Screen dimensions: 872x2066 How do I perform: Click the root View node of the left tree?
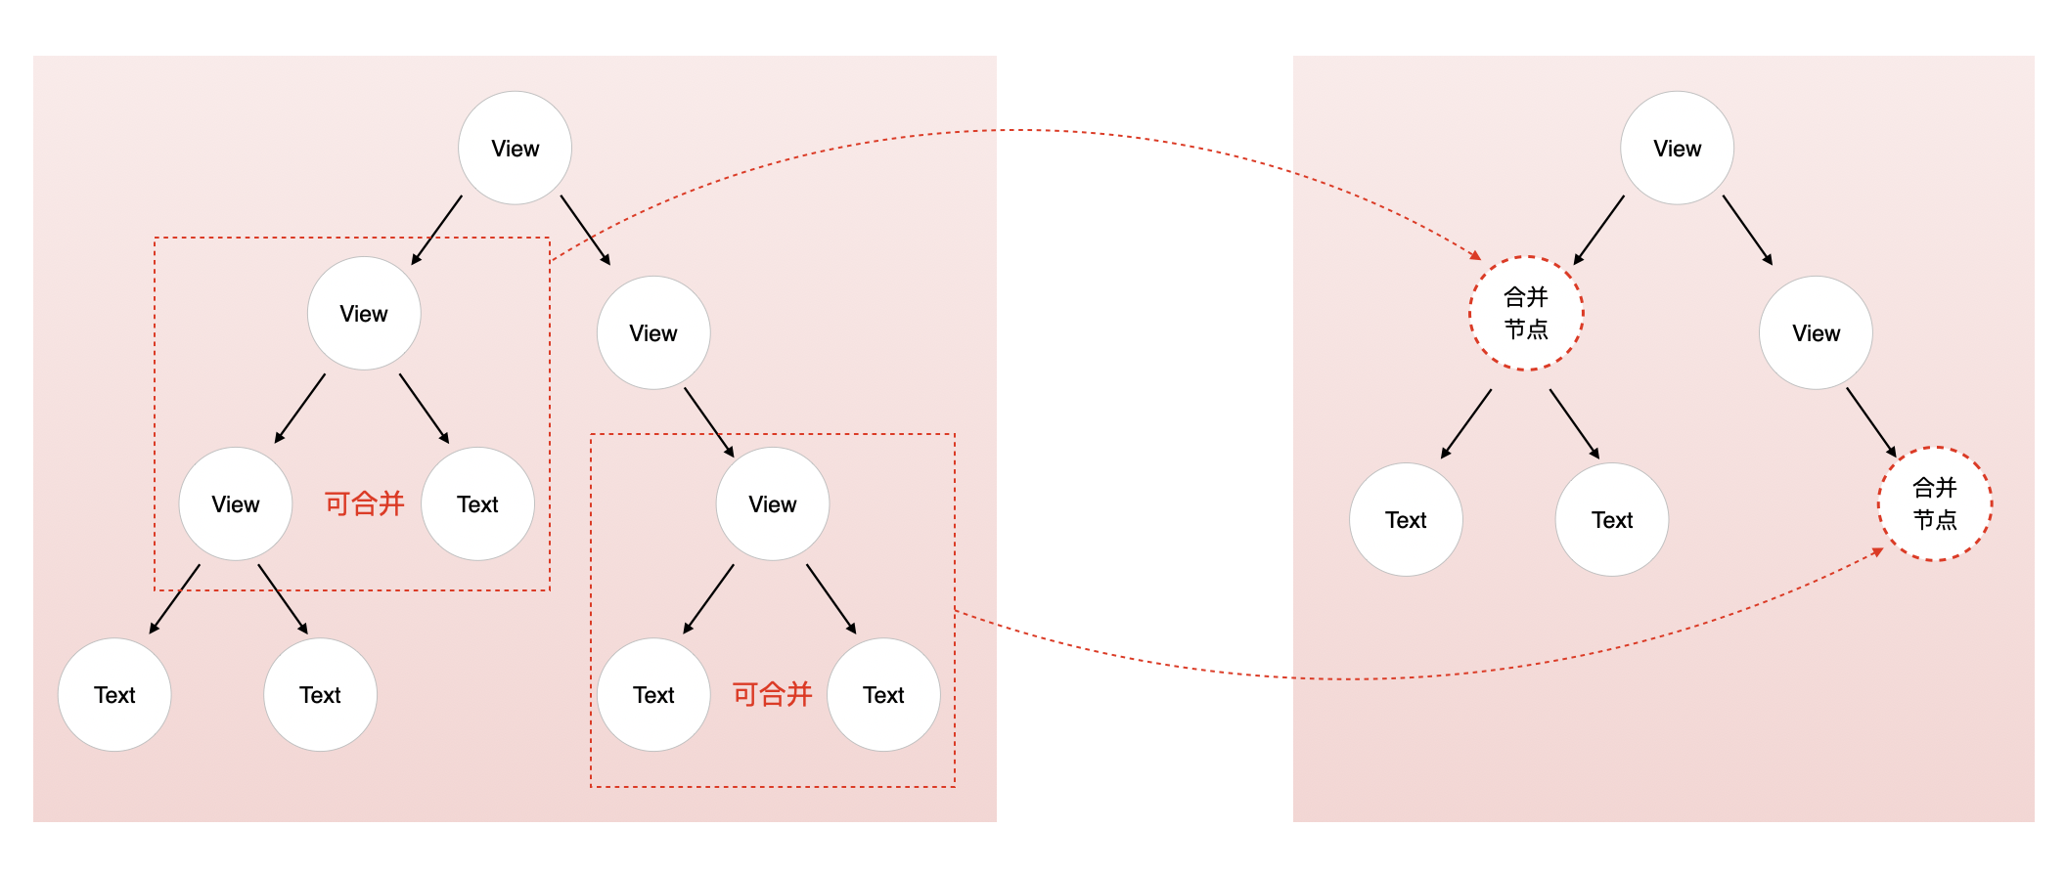coord(515,149)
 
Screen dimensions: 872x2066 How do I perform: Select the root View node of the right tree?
coord(1677,149)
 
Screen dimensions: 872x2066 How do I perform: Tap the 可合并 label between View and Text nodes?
coord(364,503)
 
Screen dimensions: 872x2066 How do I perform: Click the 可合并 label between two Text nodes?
coord(772,694)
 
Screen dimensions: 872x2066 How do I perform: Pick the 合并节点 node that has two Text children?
coord(1526,313)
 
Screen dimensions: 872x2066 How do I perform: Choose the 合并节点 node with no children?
coord(1934,503)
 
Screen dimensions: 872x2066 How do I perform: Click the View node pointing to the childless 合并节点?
coord(1816,333)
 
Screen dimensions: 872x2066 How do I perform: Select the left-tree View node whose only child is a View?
coord(652,333)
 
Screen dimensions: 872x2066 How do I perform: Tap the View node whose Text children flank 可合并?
coord(772,504)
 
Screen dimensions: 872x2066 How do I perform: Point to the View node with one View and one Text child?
coord(364,314)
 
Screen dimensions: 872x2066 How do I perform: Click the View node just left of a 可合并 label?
coord(236,504)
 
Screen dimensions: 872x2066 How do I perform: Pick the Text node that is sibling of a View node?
coord(477,504)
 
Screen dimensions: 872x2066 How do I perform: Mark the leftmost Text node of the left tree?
coord(114,695)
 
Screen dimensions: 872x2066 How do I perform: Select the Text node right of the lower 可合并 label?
coord(883,695)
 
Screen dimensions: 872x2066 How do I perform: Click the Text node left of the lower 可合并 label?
coord(653,695)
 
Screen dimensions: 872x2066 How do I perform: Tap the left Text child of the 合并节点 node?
coord(1406,520)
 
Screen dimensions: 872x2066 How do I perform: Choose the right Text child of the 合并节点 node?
coord(1611,520)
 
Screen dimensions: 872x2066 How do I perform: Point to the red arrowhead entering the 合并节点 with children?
coord(1475,255)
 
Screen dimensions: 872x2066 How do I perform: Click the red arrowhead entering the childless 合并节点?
coord(1877,552)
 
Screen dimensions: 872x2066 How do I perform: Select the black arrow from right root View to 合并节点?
coord(1599,230)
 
